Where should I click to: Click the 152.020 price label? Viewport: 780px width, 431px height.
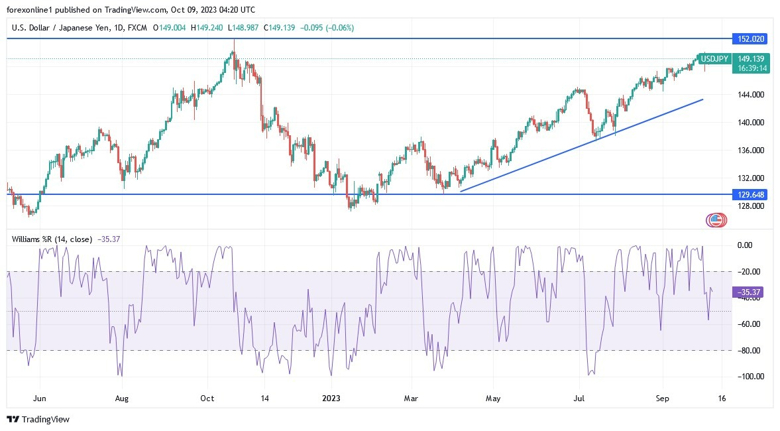(749, 39)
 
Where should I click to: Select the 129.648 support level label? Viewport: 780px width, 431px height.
(749, 194)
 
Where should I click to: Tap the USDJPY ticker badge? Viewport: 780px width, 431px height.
(714, 59)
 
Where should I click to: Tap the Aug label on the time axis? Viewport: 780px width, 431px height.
(121, 399)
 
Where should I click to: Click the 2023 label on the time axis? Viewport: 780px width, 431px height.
(331, 399)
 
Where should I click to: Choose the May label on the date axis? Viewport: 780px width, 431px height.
(493, 399)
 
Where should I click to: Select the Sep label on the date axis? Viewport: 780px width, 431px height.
(663, 399)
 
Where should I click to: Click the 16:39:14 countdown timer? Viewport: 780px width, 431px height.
(753, 68)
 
